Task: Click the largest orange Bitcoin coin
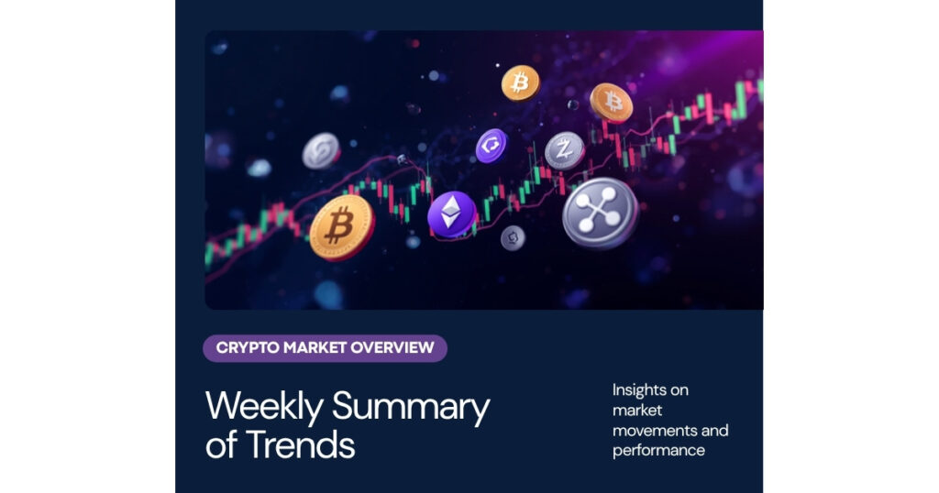point(342,227)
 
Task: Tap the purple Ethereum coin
point(451,214)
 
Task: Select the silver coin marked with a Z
point(565,150)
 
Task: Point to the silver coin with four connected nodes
point(600,213)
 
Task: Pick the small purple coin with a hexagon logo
point(492,146)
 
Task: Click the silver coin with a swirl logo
point(321,151)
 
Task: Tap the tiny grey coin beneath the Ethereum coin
point(513,238)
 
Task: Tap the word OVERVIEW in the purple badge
point(392,347)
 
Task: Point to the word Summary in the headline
point(411,408)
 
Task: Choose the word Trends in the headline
point(300,445)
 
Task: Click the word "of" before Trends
point(222,444)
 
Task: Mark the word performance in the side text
point(658,451)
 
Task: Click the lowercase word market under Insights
point(637,411)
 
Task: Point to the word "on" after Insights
point(679,390)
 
